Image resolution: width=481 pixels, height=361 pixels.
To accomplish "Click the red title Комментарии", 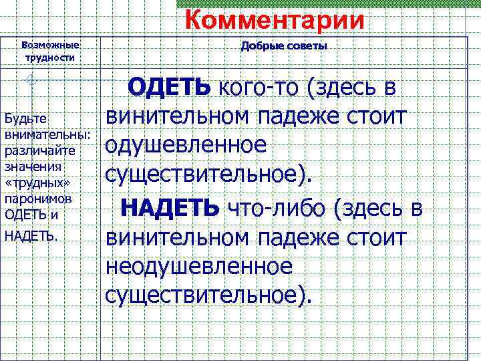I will [x=275, y=19].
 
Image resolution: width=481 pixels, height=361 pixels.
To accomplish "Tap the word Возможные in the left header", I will [x=50, y=45].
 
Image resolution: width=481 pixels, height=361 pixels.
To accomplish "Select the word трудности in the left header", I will [x=50, y=57].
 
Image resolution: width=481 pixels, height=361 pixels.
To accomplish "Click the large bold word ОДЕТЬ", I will [x=170, y=86].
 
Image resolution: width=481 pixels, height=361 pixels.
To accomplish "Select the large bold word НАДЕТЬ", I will [x=170, y=208].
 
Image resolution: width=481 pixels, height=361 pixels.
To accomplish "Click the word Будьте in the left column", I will [x=25, y=118].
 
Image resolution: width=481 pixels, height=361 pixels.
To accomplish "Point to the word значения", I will [x=33, y=166].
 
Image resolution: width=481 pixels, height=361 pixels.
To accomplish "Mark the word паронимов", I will [x=37, y=199].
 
